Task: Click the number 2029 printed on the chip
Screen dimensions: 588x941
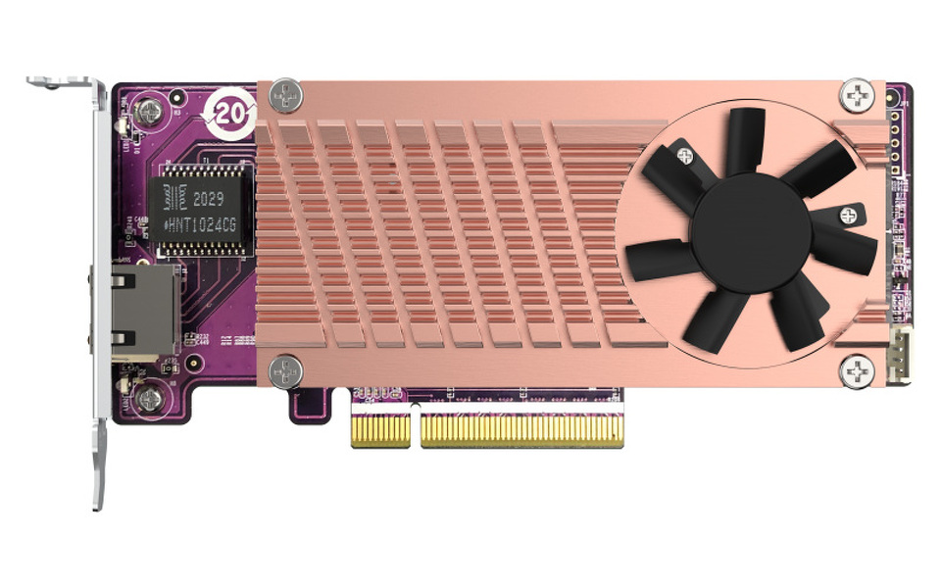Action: point(208,198)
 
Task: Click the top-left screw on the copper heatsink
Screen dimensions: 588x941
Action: point(286,95)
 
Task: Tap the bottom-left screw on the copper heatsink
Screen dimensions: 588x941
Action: point(286,371)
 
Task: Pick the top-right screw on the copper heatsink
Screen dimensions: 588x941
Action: point(857,95)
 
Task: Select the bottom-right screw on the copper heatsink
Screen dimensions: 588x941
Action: point(857,371)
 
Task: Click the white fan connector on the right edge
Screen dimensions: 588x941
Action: point(899,353)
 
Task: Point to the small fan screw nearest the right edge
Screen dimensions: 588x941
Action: point(847,214)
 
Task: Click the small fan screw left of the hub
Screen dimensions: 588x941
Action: point(685,155)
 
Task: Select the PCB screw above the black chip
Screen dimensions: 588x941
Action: point(149,112)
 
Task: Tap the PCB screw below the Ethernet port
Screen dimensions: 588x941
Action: point(149,397)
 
